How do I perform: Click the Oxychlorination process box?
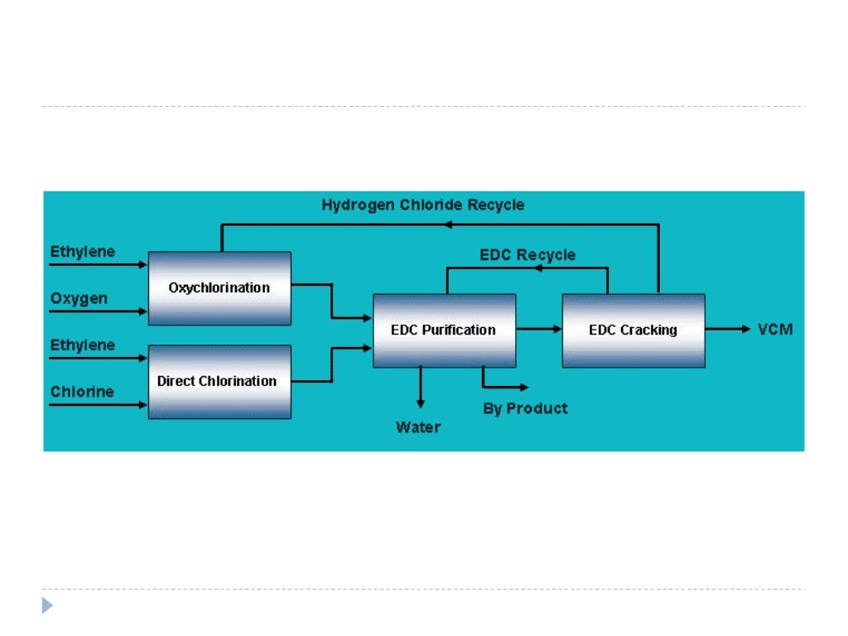pos(219,288)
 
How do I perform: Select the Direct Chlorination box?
pos(219,382)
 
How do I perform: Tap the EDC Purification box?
pos(445,330)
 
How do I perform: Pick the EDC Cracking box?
pos(634,330)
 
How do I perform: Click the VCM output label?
pos(775,329)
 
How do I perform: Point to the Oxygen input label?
pos(79,298)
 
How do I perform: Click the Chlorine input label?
pos(82,391)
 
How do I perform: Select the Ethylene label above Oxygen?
pos(83,252)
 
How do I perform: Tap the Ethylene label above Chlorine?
pos(83,345)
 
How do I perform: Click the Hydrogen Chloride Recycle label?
pos(423,205)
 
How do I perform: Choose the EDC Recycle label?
pos(528,255)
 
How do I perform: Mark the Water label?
pos(418,427)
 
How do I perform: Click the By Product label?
pos(525,408)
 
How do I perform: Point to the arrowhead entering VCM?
pos(746,329)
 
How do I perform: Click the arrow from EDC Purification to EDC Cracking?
pos(539,329)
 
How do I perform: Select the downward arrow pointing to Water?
pos(420,388)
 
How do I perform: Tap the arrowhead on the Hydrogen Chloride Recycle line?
pos(448,224)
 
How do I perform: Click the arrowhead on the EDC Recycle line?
pos(538,267)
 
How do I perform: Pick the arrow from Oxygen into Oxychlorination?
pos(98,311)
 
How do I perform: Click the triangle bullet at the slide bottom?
pos(47,605)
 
